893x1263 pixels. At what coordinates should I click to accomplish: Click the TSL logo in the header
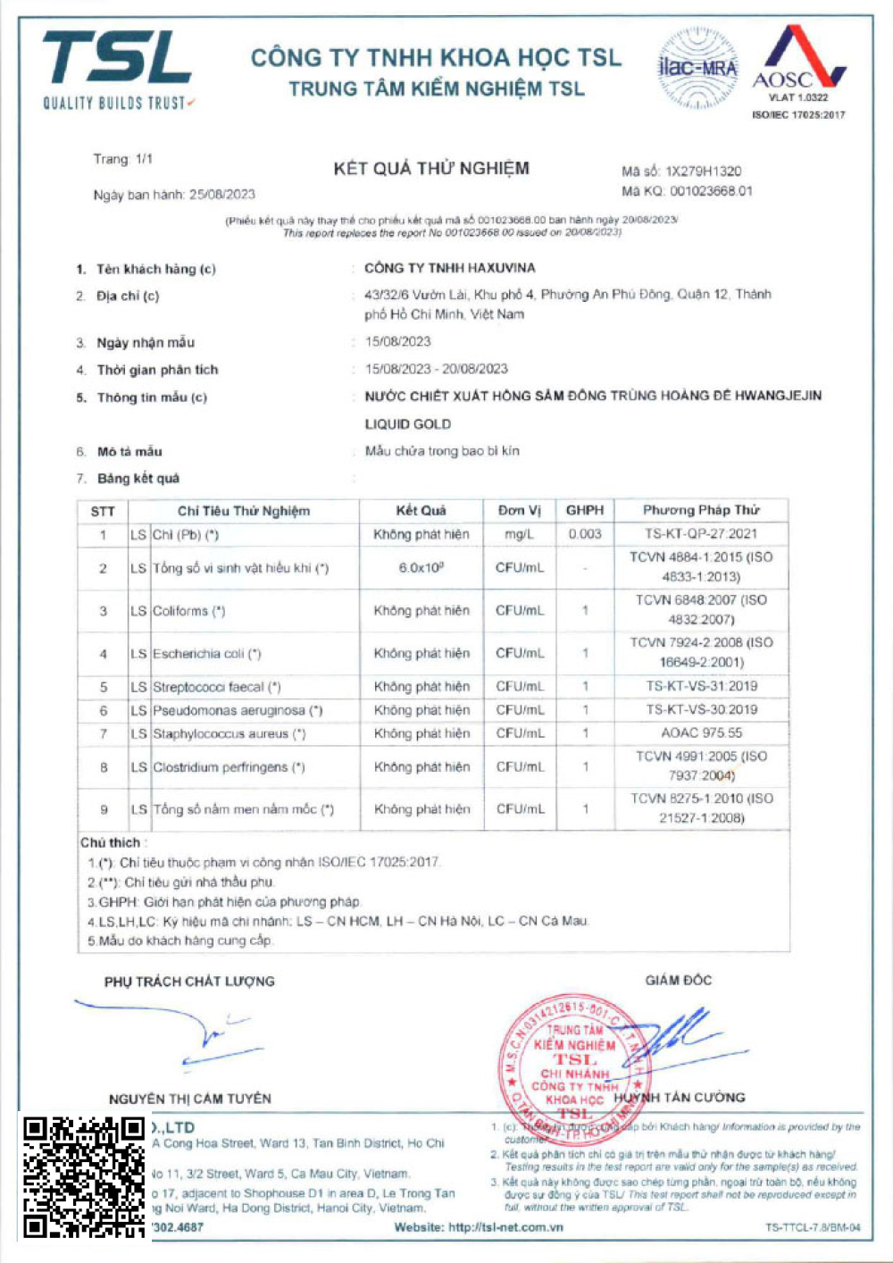point(117,70)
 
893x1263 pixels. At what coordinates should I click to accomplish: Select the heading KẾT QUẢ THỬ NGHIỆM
point(431,169)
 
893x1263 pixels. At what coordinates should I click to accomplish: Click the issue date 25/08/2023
point(222,195)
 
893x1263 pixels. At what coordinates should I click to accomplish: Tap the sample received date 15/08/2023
point(398,341)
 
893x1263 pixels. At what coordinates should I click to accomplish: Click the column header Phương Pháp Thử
point(701,510)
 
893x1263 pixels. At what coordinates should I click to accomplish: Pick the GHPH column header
point(585,510)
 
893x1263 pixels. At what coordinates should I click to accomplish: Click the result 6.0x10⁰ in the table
point(421,568)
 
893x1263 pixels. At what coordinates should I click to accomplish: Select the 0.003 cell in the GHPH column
point(585,534)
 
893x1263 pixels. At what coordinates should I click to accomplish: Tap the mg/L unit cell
point(520,534)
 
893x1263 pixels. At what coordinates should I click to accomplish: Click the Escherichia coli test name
point(207,654)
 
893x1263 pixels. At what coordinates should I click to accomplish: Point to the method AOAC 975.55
point(701,733)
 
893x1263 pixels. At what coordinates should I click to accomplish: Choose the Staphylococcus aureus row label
point(230,734)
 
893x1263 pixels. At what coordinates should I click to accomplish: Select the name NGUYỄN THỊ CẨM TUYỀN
point(190,1099)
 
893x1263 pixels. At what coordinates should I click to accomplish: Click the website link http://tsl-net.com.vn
point(505,1227)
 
